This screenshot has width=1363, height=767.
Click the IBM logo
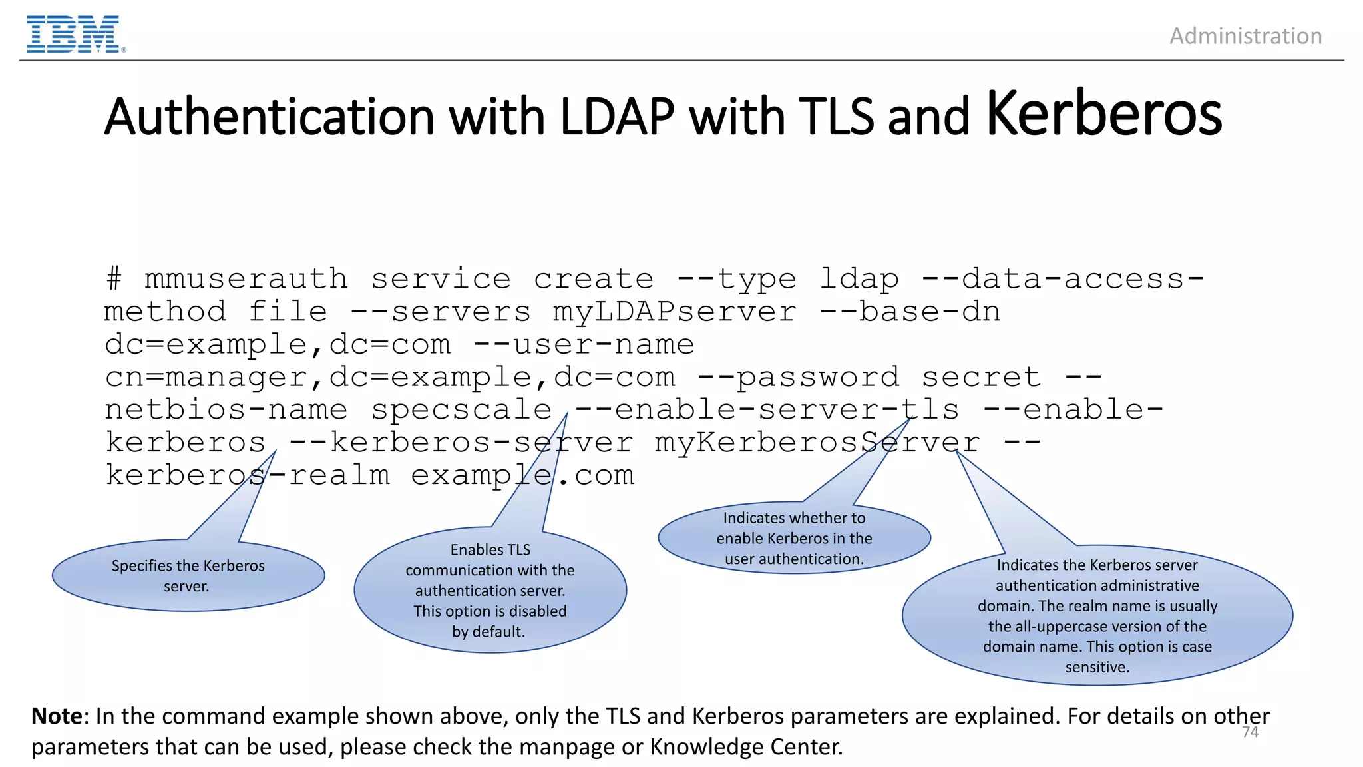tap(74, 35)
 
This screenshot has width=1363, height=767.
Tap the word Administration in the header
tap(1245, 36)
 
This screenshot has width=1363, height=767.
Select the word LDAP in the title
tap(617, 117)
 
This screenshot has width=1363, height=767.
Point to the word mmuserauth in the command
tap(246, 279)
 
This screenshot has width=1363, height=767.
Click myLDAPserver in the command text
tap(674, 312)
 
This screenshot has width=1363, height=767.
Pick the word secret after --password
tap(981, 377)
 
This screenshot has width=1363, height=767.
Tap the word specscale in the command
tap(461, 409)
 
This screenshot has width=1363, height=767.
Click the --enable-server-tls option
tap(767, 409)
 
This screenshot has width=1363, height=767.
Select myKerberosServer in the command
tap(817, 442)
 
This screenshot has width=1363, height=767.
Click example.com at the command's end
tap(522, 475)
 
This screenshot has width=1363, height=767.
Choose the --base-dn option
tap(910, 312)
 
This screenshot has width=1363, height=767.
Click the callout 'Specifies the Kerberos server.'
tap(188, 575)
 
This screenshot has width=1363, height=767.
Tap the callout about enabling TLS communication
tap(490, 591)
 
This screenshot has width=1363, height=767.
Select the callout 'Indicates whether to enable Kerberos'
tap(794, 538)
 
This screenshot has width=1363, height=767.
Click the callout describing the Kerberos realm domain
tap(1097, 616)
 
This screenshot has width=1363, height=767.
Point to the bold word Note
tap(57, 716)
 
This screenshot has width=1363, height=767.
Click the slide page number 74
tap(1250, 732)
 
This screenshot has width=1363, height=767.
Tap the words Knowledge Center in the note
tap(746, 747)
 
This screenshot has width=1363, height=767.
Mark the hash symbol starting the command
tap(114, 279)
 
